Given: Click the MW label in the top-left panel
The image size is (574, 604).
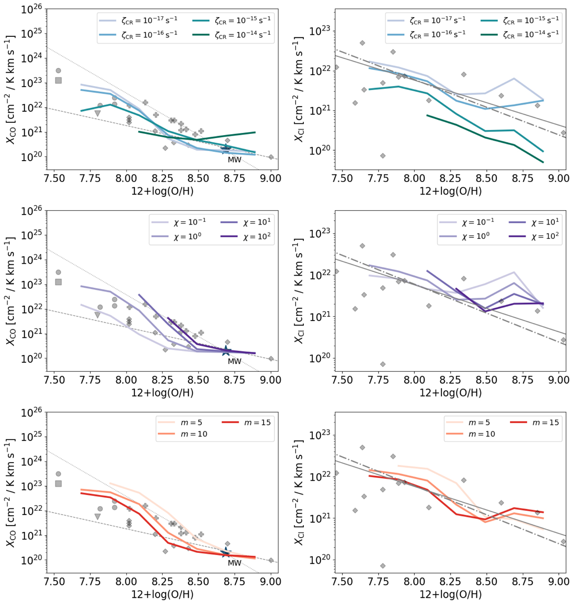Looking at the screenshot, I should click(234, 160).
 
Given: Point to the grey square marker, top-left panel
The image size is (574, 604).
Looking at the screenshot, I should click(58, 80).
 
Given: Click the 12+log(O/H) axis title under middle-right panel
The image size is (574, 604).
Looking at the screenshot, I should click(450, 393).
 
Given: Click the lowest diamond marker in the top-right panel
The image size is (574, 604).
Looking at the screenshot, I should click(383, 156).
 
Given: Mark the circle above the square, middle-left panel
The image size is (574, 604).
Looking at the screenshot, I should click(58, 272).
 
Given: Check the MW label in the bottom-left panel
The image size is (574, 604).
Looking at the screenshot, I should click(234, 563).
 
